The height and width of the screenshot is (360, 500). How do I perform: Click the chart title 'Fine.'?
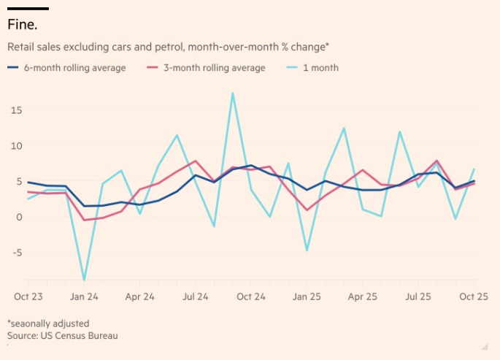(x=23, y=24)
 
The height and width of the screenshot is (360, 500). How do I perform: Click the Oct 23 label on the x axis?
(x=28, y=296)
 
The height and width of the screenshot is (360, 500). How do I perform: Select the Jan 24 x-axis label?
(x=84, y=296)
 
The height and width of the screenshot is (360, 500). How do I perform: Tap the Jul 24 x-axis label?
(x=195, y=296)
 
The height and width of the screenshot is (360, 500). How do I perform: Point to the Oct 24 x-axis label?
(x=250, y=296)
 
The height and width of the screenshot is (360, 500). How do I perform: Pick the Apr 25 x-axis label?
(x=362, y=296)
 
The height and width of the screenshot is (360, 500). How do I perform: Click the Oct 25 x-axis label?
(x=474, y=296)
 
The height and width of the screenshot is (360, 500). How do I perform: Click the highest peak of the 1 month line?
(x=233, y=93)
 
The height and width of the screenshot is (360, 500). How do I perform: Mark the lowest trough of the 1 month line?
(x=84, y=280)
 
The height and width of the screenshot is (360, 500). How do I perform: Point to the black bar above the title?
(x=28, y=8)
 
